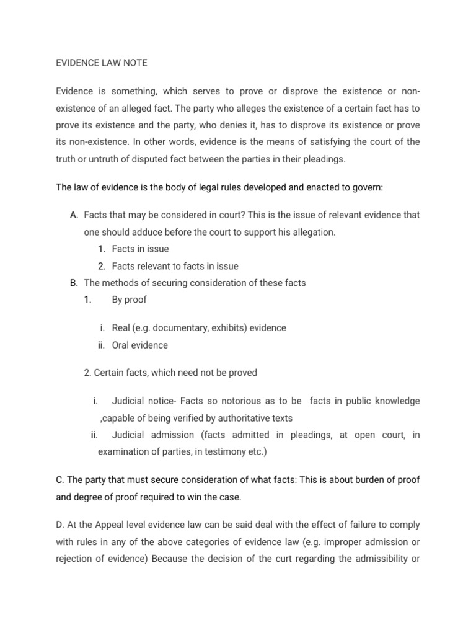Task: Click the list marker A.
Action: click(x=74, y=215)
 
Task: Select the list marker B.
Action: click(x=74, y=283)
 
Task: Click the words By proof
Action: click(x=129, y=300)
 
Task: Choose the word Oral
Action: click(x=121, y=345)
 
